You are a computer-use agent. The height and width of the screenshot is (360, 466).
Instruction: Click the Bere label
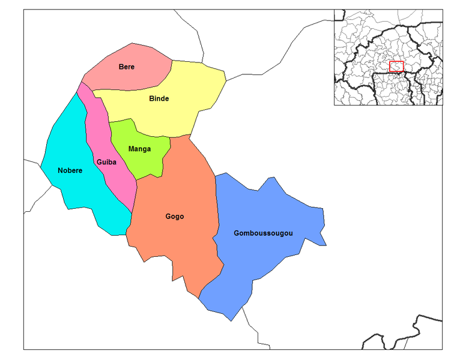pyautogui.click(x=126, y=67)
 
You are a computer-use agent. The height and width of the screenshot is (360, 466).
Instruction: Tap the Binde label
pyautogui.click(x=159, y=98)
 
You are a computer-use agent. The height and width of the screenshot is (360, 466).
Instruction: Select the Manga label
pyautogui.click(x=139, y=149)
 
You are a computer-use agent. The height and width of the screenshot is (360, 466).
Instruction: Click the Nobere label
pyautogui.click(x=70, y=170)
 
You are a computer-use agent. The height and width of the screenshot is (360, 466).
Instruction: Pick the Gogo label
pyautogui.click(x=175, y=217)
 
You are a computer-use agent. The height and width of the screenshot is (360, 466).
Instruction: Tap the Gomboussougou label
pyautogui.click(x=264, y=232)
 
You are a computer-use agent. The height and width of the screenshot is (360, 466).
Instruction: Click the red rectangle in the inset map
pyautogui.click(x=396, y=66)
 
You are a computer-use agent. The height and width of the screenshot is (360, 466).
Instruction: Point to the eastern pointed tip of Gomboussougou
pyautogui.click(x=326, y=245)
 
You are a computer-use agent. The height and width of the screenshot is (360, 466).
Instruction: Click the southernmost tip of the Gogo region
pyautogui.click(x=198, y=298)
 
